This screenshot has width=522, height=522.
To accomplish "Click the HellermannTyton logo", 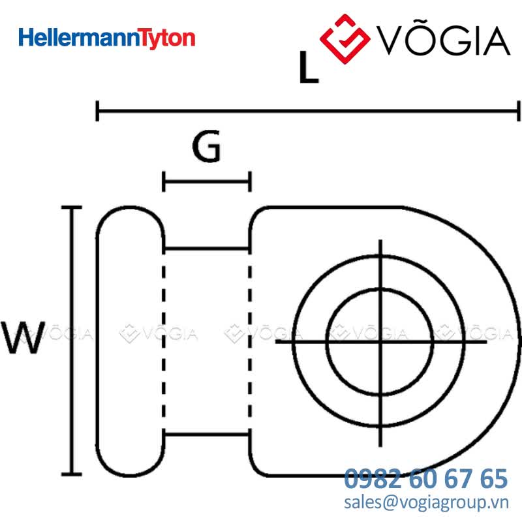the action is click(107, 38).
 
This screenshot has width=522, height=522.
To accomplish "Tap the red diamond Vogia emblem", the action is click(345, 38).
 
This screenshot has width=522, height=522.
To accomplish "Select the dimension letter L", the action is click(309, 67).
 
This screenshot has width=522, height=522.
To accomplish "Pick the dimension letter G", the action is click(206, 146).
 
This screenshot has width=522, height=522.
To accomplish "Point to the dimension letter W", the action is click(23, 337).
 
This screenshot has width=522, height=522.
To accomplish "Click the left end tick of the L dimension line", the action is click(97, 111).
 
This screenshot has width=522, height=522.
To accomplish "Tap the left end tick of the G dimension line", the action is click(164, 182).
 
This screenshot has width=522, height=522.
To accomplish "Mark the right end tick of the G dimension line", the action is click(250, 182).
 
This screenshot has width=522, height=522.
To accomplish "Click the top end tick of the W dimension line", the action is click(72, 207).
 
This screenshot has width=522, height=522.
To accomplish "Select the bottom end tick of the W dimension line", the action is click(72, 474).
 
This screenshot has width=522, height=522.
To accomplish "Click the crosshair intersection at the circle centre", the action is click(380, 341).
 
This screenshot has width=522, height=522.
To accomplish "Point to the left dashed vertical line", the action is click(164, 341).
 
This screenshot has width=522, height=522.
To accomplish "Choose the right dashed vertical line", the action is click(250, 341).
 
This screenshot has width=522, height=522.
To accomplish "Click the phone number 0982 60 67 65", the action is click(426, 479).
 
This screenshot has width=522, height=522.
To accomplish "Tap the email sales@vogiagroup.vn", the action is click(427, 502).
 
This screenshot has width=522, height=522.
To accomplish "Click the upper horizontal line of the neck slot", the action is click(207, 249).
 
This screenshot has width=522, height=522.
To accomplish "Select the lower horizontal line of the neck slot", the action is click(207, 434).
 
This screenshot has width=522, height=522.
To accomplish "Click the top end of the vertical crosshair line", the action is click(380, 239).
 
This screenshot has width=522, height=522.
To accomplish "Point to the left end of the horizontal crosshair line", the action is click(276, 341).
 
